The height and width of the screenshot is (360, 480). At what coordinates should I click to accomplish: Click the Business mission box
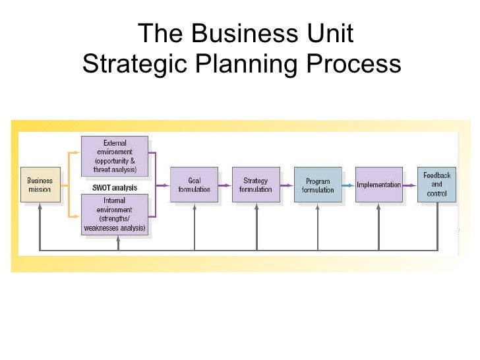point(40,184)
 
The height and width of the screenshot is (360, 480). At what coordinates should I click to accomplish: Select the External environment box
point(115,156)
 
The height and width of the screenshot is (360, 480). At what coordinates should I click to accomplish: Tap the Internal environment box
point(115,214)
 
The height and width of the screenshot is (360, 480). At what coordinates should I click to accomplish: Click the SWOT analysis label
point(115,187)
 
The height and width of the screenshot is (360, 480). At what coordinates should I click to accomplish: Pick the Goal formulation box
point(194,185)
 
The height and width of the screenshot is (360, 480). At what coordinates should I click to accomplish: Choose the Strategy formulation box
point(256,185)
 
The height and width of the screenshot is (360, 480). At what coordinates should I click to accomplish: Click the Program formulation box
point(318,185)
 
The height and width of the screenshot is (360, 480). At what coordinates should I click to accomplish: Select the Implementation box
point(378,185)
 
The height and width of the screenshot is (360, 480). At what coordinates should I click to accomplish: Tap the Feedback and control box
point(436,185)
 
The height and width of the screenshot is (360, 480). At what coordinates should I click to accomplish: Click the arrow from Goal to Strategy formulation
point(225,185)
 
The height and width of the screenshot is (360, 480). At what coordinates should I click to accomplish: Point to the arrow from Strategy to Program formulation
point(287,185)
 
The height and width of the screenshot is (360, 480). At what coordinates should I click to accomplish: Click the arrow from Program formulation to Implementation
point(349,185)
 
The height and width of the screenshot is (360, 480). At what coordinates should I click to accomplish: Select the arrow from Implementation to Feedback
point(410,185)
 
